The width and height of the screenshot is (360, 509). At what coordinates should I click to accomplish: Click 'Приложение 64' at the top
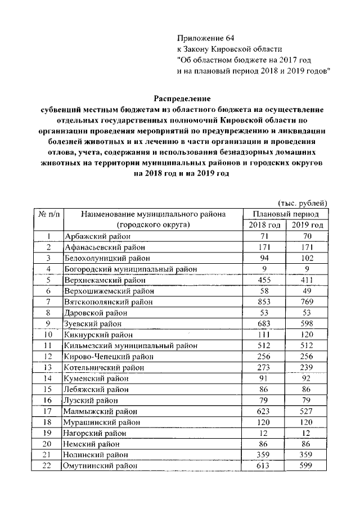pos(205,38)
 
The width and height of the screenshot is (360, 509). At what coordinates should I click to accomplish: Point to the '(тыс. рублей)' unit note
pos(303,204)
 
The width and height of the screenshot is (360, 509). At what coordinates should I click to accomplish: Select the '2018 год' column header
pos(264,225)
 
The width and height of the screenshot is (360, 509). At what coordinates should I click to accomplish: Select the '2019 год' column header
pos(308,225)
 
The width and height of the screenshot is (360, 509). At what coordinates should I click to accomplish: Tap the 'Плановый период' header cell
pos(286,214)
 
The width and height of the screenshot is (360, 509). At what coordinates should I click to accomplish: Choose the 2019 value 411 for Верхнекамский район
pos(308,280)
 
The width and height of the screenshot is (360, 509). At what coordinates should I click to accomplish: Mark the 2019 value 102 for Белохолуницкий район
pos(308,258)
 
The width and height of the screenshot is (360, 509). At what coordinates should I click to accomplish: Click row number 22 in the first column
pos(49,466)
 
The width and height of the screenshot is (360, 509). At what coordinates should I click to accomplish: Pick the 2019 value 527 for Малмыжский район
pos(308,412)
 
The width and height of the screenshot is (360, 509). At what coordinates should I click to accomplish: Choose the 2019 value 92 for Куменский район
pos(308,379)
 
